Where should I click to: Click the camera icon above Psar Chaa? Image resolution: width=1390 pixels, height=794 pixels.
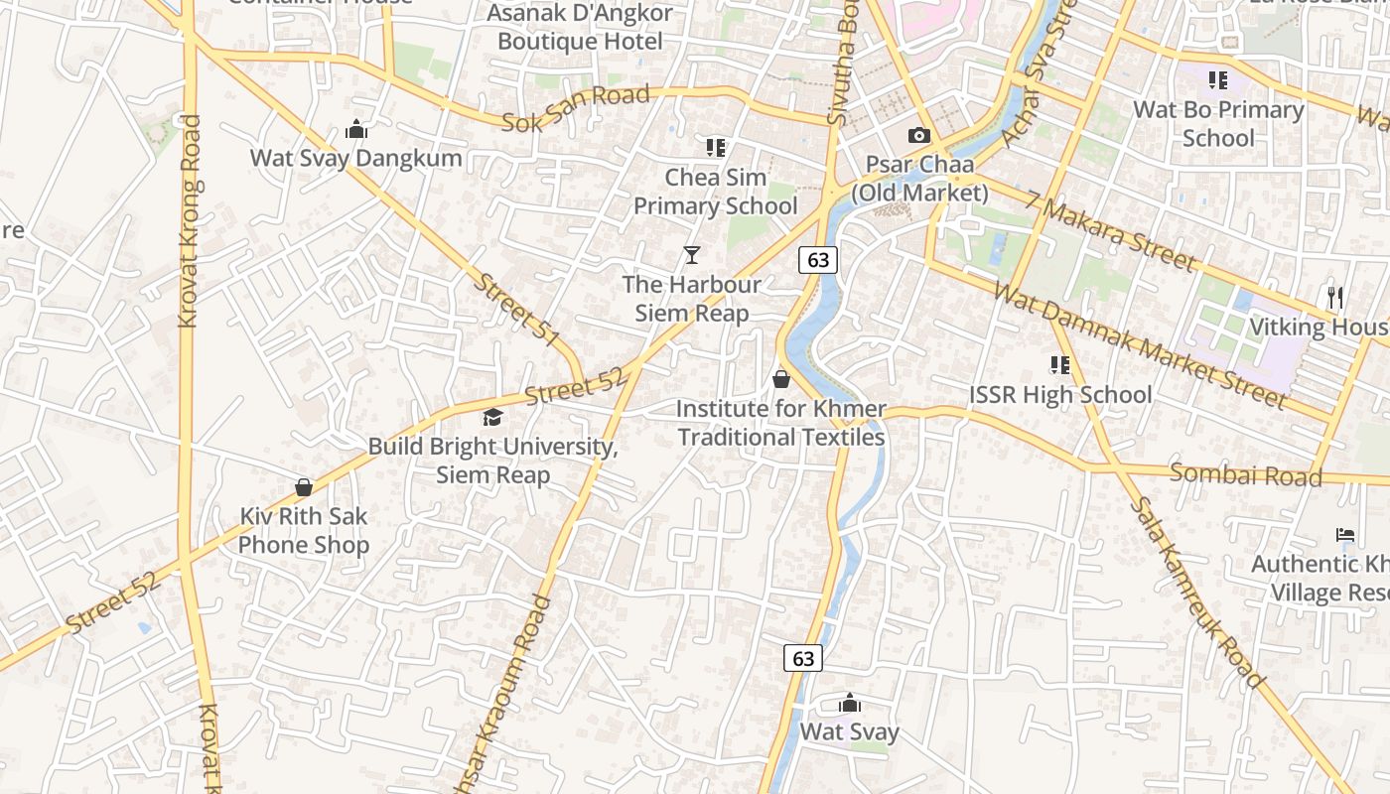click(x=919, y=135)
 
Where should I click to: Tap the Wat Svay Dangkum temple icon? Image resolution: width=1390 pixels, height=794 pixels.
click(x=355, y=129)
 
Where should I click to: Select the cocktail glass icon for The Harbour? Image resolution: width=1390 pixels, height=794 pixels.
click(x=692, y=255)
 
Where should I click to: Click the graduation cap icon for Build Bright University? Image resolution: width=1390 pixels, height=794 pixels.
click(x=492, y=417)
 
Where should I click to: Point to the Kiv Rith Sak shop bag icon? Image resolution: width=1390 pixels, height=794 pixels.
click(x=304, y=487)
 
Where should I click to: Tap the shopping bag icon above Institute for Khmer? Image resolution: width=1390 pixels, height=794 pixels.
click(x=781, y=379)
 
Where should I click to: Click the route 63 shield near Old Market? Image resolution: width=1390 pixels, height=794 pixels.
click(x=818, y=260)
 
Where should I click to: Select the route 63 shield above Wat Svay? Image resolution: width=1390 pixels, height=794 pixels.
click(x=803, y=657)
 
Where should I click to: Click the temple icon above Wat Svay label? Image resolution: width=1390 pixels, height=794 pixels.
click(x=850, y=704)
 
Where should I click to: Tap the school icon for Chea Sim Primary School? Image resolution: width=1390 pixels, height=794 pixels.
click(x=716, y=148)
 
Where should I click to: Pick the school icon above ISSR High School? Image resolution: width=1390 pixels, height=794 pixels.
click(x=1060, y=365)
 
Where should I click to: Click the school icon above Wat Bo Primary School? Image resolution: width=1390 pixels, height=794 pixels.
click(x=1218, y=80)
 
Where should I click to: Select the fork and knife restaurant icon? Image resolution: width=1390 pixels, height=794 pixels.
click(x=1335, y=297)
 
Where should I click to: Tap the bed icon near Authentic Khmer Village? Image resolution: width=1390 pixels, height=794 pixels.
click(x=1345, y=535)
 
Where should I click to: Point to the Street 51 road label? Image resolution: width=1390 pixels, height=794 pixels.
click(x=516, y=309)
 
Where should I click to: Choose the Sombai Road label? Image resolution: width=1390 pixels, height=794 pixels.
click(x=1245, y=474)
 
